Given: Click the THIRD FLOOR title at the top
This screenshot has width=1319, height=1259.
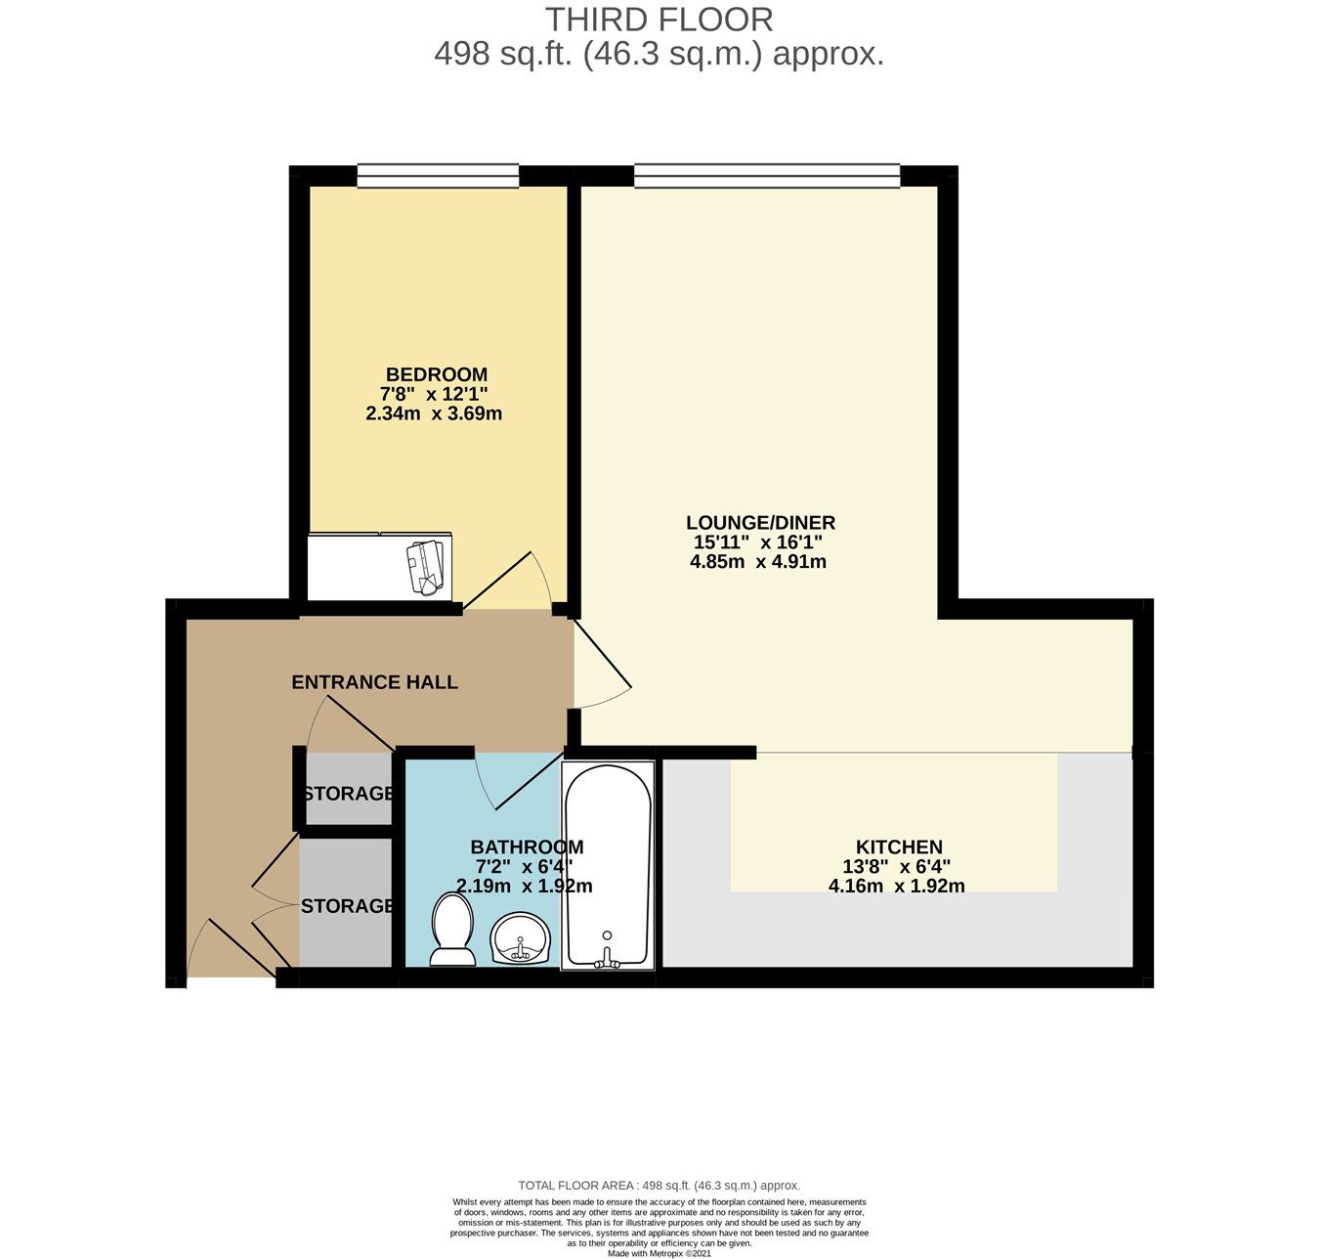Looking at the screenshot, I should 659,20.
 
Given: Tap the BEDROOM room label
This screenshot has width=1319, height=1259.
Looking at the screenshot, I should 436,374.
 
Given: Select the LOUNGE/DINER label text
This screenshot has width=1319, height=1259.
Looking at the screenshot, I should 760,523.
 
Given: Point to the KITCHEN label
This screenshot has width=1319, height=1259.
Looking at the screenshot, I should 899,847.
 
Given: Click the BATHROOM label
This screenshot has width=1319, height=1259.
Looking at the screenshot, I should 527,847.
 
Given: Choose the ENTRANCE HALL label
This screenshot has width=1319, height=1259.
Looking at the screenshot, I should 374,682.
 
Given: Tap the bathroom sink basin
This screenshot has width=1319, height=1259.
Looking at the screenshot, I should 522,939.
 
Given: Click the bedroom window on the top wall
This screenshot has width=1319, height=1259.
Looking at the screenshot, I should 437,176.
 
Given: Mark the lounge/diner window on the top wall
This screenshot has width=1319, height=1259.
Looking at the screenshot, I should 766,176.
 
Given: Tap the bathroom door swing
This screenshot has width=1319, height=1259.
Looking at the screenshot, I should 508,782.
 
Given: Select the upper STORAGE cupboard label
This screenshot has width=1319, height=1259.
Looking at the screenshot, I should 349,793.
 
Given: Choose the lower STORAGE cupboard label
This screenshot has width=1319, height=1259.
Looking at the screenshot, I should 347,906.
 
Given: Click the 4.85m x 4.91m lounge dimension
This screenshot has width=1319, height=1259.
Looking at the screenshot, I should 758,562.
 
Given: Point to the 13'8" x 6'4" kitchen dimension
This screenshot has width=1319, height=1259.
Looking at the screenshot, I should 896,866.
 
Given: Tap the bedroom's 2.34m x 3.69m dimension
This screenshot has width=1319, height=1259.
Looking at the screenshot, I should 434,413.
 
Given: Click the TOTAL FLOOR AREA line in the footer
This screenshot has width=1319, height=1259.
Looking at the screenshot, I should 659,1185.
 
